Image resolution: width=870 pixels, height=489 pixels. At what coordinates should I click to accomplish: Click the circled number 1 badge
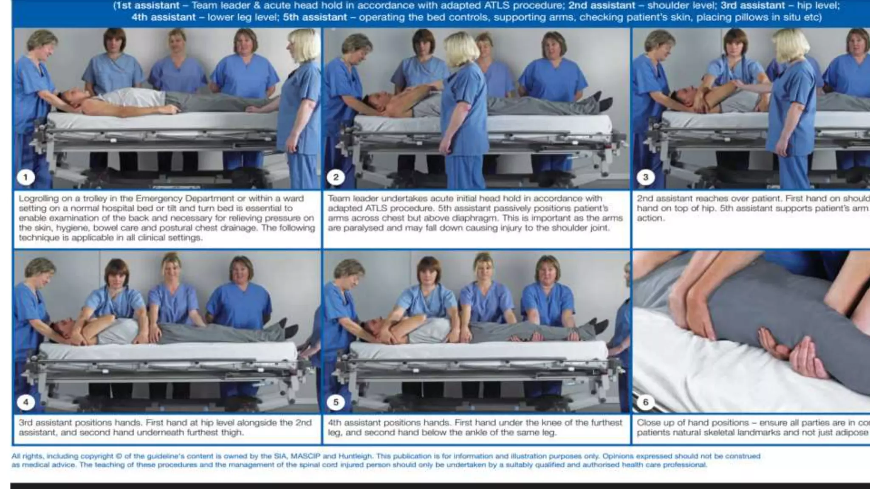pos(25,177)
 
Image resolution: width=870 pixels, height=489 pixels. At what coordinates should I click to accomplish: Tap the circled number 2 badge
pos(336,177)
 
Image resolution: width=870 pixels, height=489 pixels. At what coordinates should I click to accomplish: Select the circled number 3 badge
pos(645,177)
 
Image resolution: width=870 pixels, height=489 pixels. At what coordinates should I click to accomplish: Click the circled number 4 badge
pos(25,402)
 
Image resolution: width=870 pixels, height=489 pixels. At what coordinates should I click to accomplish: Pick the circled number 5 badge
pos(336,402)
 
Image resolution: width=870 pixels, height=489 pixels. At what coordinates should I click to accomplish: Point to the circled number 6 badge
pos(645,402)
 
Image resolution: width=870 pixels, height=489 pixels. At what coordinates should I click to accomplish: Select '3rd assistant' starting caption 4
pos(44,423)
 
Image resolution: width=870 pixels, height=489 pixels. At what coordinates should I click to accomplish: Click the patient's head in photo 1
pos(70,98)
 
